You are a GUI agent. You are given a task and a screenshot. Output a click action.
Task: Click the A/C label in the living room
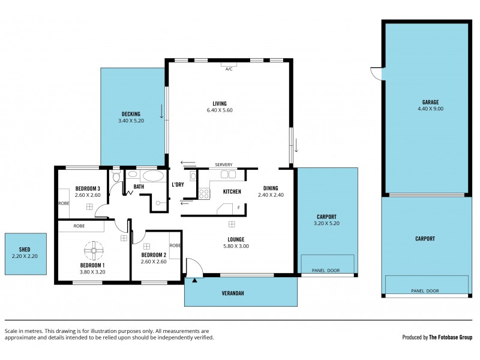coord(229,69)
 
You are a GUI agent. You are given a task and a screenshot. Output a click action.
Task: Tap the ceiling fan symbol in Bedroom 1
coord(93,249)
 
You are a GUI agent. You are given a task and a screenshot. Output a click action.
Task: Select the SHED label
coord(24,250)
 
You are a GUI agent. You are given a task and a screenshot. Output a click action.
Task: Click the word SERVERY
coord(223,165)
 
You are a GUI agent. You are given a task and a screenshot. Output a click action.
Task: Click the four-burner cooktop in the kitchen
coord(203,193)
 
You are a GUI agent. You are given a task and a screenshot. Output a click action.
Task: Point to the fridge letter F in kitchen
coord(239,208)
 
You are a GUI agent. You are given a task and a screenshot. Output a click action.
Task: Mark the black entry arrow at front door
coord(194,279)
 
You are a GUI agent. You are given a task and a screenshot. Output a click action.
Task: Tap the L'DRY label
coord(178,184)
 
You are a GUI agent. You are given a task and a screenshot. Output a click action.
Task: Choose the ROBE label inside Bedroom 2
coord(175,246)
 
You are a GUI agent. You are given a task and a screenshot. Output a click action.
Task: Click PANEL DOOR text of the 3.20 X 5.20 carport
coord(325,271)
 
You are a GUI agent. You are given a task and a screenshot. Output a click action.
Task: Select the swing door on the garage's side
coord(376,73)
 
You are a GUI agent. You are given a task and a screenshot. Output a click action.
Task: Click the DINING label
coord(270,188)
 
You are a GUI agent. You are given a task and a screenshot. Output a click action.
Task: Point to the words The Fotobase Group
coord(451,337)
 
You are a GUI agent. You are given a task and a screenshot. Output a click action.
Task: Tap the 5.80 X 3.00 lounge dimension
coord(235,246)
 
